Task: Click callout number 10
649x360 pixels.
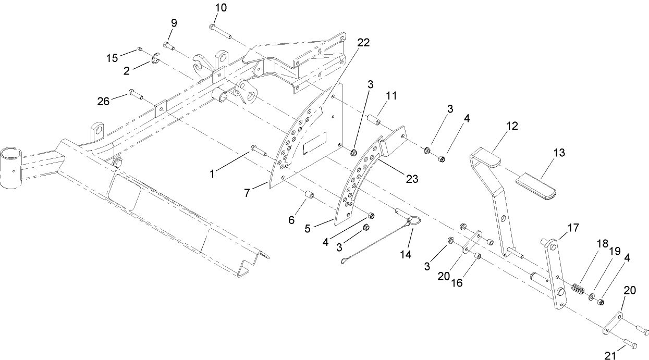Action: [221, 8]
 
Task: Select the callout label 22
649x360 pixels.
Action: [363, 43]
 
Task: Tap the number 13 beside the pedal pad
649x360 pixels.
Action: [559, 153]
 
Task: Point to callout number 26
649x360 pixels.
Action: [104, 101]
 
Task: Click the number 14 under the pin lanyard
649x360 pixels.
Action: [405, 254]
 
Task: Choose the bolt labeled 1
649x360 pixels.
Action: [256, 150]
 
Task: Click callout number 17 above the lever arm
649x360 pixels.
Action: [573, 228]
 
